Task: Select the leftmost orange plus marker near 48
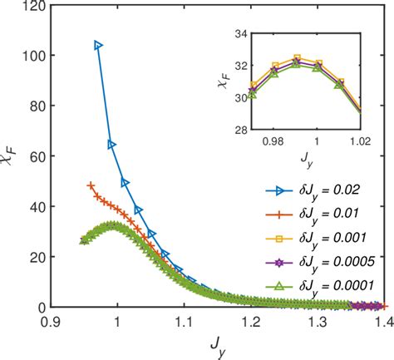[x=91, y=185]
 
